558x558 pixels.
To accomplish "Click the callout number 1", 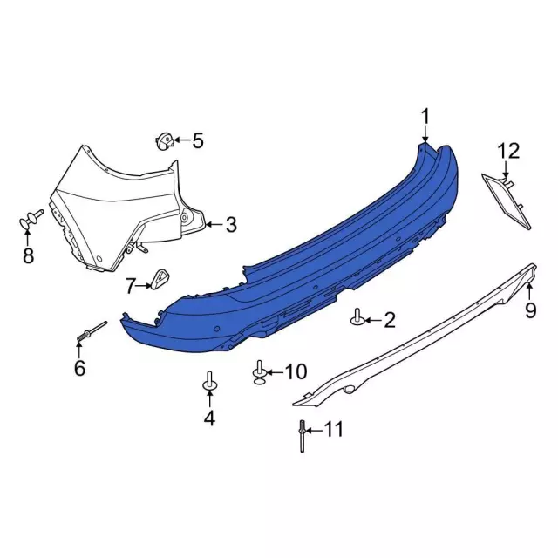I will (x=425, y=117).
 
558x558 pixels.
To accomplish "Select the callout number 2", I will (x=389, y=321).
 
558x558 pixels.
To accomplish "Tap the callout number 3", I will (x=230, y=225).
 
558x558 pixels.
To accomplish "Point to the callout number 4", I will (x=209, y=418).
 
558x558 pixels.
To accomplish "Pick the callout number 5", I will (x=197, y=140).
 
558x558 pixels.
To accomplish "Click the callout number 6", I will (x=79, y=369).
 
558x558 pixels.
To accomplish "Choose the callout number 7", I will (x=131, y=285).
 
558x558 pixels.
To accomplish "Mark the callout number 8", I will (x=28, y=255).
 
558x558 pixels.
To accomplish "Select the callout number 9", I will (x=530, y=310).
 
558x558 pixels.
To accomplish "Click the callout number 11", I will (x=333, y=429).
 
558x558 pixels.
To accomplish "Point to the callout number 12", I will (x=508, y=151).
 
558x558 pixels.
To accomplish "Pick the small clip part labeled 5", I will (x=164, y=140).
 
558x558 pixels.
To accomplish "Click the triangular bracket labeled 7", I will (x=160, y=278).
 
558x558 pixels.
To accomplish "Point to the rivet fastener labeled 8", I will (x=33, y=220).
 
